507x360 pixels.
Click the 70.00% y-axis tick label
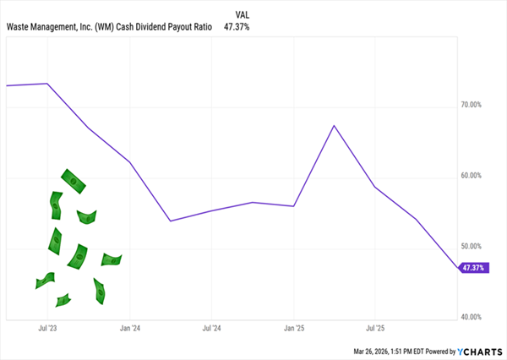[470, 105]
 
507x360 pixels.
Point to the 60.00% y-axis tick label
[470, 176]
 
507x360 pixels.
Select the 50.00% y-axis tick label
[470, 247]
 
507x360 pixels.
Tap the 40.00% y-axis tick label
[470, 317]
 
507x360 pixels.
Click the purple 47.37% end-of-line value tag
[472, 268]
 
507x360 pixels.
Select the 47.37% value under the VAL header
[237, 27]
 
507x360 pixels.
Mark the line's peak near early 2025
[334, 126]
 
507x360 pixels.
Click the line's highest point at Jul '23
[47, 84]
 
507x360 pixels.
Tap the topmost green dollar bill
[74, 180]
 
